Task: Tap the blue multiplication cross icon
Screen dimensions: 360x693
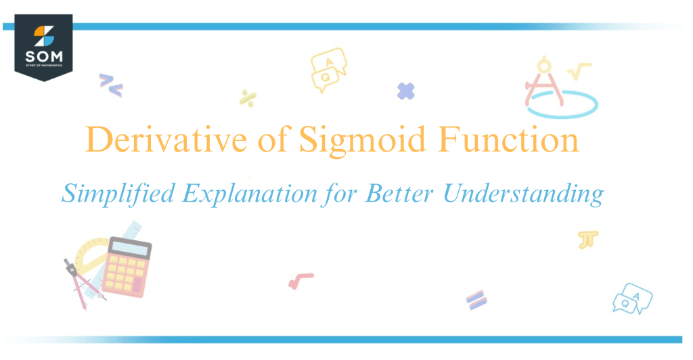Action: (x=406, y=91)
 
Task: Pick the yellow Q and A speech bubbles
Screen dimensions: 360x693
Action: (x=328, y=71)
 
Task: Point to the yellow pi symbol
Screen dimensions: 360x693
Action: (x=587, y=240)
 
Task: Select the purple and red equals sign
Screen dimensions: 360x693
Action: (x=476, y=299)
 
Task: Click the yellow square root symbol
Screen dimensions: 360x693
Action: (x=580, y=72)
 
